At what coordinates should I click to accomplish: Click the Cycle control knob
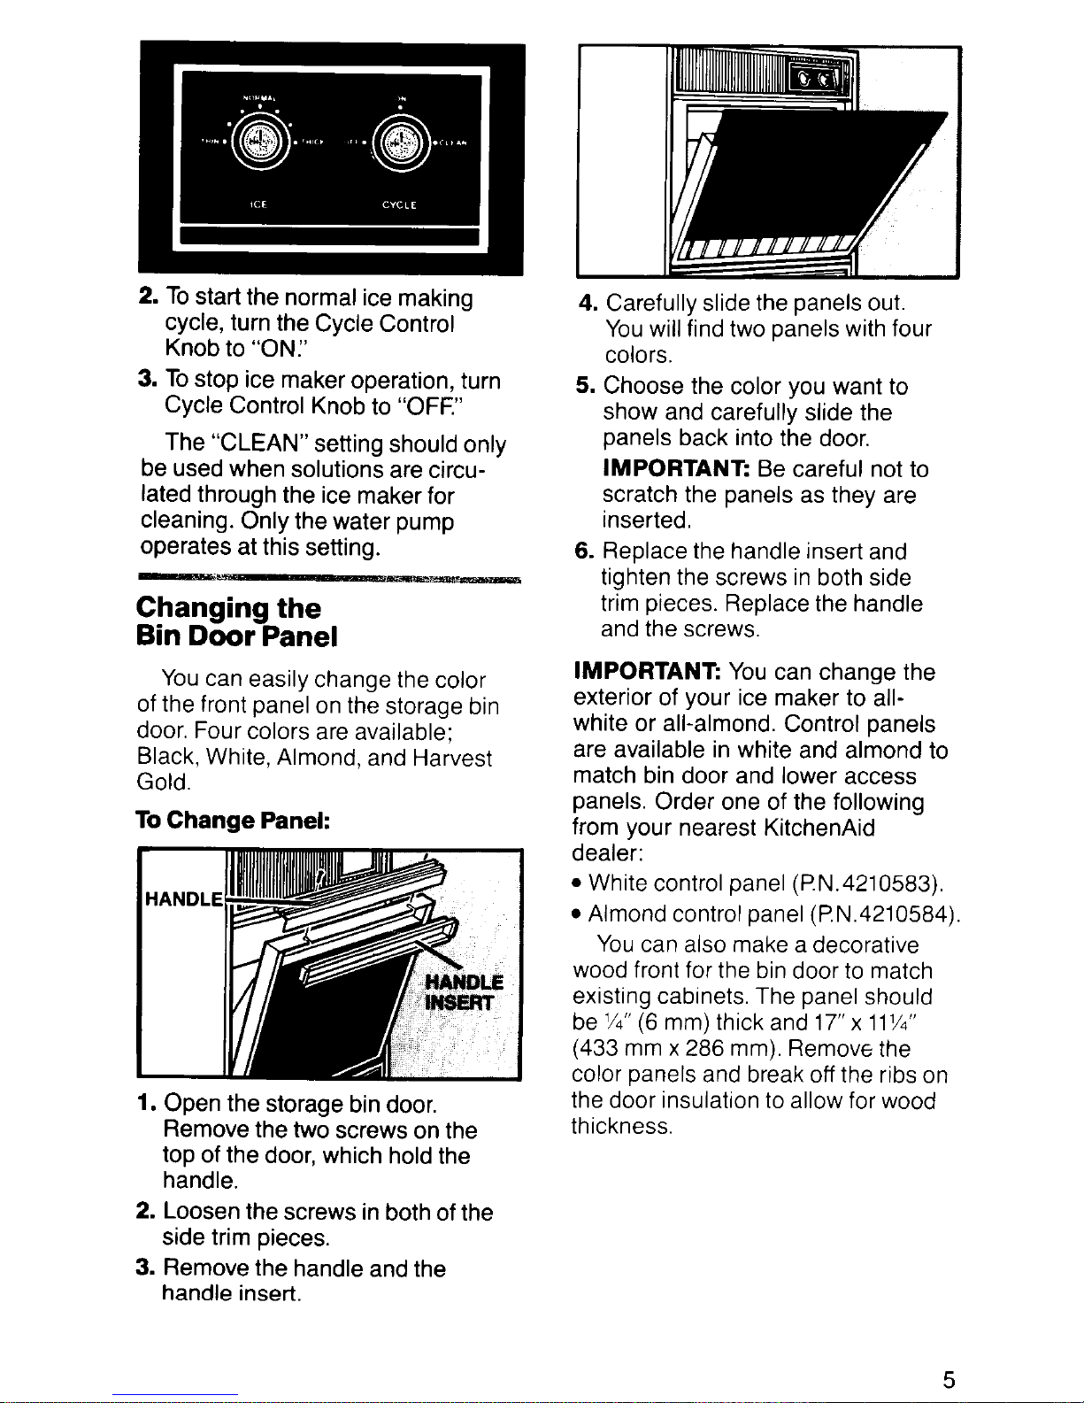pos(400,142)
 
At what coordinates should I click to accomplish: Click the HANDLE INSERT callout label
pos(464,992)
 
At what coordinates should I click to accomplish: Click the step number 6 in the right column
pos(583,551)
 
